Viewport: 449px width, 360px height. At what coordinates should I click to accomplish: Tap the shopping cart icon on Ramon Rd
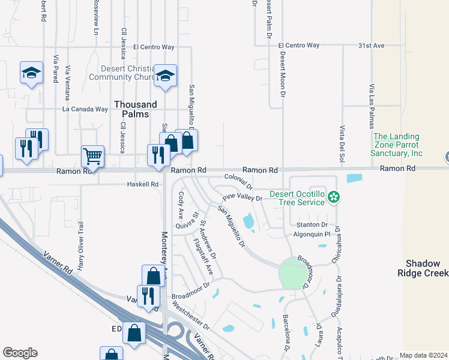coord(92,157)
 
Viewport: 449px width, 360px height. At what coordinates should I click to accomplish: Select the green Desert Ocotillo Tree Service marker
coord(336,196)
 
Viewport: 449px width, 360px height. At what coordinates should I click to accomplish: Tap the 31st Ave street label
coord(371,45)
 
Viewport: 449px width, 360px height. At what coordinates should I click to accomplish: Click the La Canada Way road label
coord(85,109)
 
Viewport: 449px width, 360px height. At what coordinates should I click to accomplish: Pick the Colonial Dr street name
coord(238,178)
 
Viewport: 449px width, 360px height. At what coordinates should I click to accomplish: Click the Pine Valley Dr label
coord(243,197)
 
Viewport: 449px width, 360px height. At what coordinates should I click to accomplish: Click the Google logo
coord(20,353)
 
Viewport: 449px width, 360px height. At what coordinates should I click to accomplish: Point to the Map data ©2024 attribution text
coord(423,355)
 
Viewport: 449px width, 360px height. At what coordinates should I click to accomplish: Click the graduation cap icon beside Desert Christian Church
coord(165,76)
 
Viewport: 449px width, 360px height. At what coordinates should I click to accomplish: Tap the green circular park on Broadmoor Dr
coord(292,274)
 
